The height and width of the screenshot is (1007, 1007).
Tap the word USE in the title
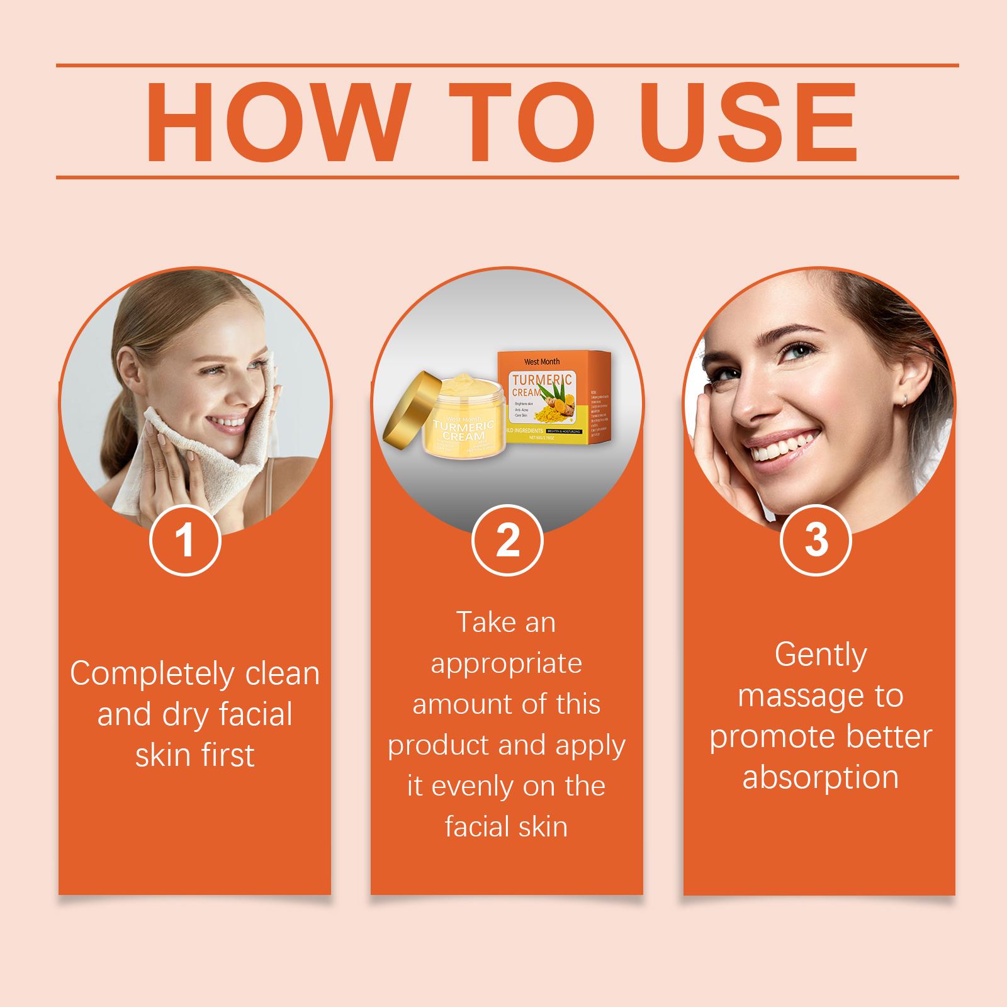(x=746, y=121)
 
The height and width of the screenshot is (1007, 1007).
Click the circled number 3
(x=816, y=540)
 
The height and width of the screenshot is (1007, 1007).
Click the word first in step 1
(x=227, y=755)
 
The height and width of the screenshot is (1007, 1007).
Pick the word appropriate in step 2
(x=507, y=664)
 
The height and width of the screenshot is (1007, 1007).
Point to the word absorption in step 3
(x=820, y=778)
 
